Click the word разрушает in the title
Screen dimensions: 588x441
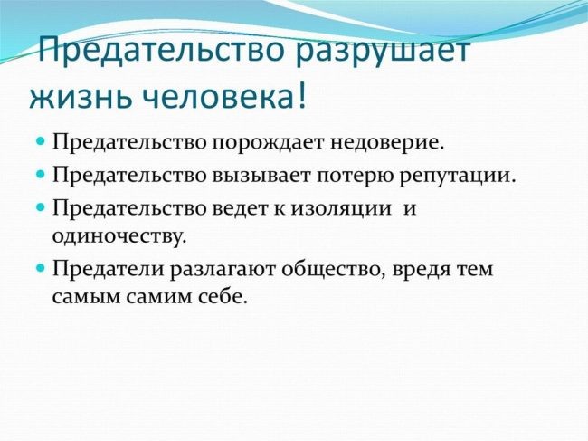tap(383, 52)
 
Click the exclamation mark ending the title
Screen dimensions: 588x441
tap(301, 94)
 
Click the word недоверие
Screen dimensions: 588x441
tap(387, 142)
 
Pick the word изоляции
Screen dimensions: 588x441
tap(340, 209)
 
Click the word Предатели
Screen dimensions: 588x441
tap(109, 269)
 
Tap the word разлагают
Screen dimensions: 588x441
tap(223, 271)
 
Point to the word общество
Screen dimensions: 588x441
tap(331, 270)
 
